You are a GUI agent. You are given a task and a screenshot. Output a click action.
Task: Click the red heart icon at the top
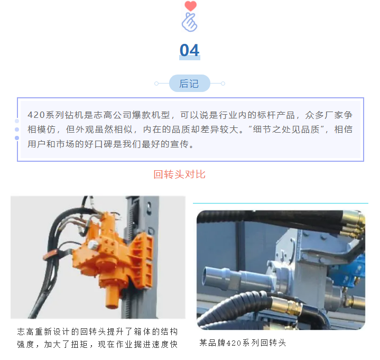(190, 6)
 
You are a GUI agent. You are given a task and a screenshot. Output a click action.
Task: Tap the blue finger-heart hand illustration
(190, 22)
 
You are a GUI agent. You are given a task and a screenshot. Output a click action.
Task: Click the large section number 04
(190, 50)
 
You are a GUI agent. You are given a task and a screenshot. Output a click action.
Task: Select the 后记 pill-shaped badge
(190, 84)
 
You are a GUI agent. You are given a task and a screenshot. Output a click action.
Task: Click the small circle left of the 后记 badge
(156, 84)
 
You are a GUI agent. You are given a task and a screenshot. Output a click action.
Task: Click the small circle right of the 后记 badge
(223, 84)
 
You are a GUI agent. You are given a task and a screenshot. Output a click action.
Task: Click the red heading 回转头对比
(180, 174)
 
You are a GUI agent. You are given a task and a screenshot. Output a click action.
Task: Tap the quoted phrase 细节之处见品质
(286, 130)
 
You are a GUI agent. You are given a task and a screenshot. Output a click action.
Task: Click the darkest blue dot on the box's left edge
(17, 138)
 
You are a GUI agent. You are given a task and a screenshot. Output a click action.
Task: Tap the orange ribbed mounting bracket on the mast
(141, 260)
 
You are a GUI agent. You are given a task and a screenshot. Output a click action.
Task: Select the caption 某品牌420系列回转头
(243, 343)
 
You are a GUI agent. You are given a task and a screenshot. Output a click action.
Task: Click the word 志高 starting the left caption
(26, 331)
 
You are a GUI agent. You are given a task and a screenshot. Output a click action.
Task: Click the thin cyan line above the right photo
(281, 203)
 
